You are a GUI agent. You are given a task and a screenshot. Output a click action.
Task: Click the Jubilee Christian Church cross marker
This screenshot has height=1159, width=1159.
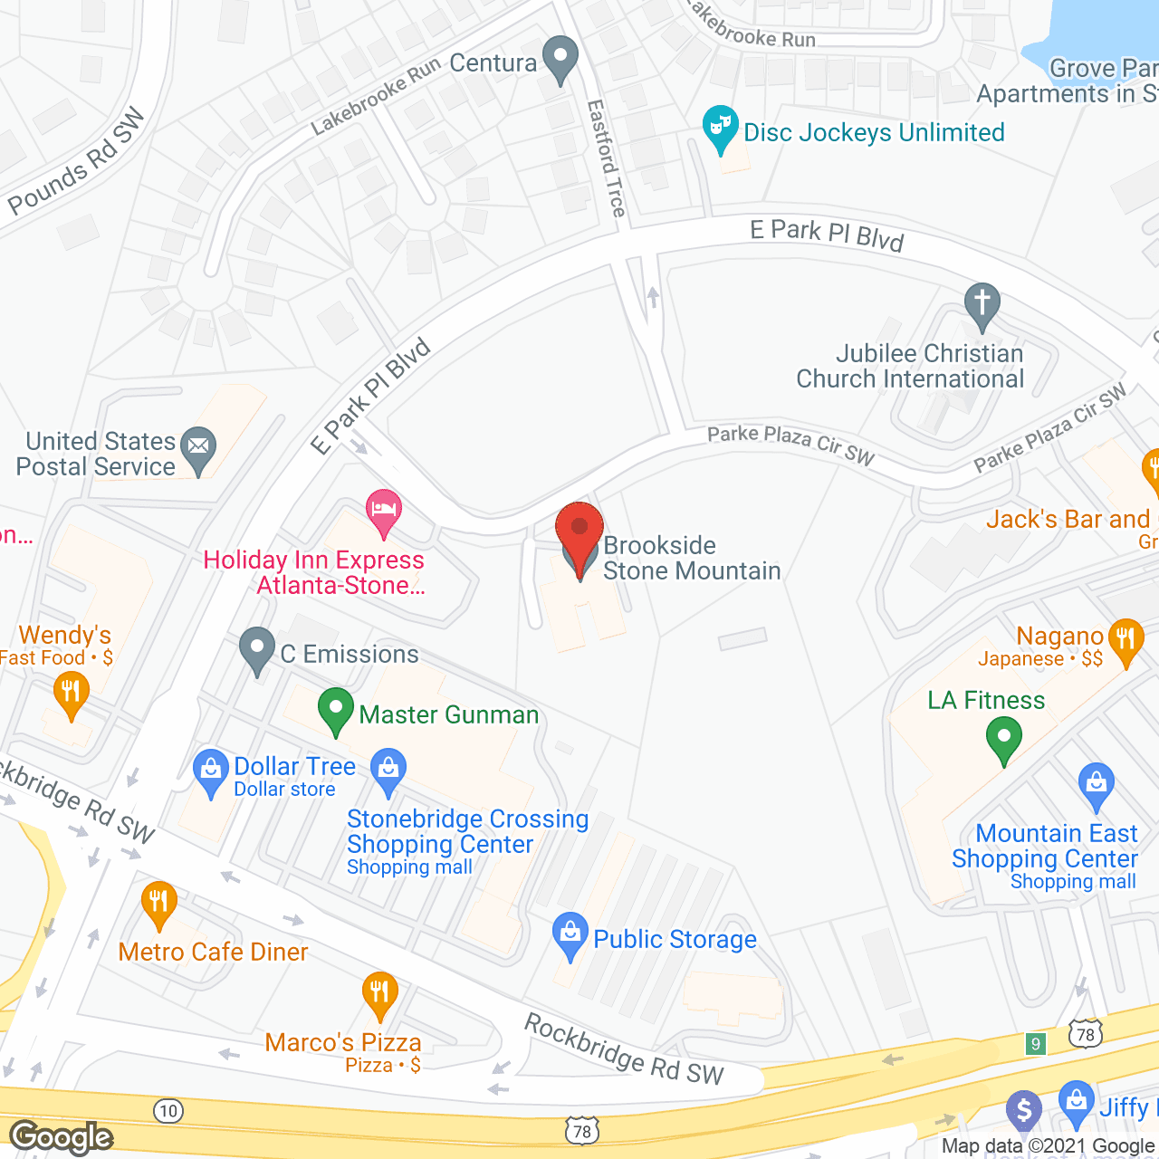(982, 303)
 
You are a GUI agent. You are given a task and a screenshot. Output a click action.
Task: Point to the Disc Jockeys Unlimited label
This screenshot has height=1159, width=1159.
(874, 132)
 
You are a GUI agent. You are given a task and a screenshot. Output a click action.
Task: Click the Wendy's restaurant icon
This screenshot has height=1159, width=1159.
(71, 694)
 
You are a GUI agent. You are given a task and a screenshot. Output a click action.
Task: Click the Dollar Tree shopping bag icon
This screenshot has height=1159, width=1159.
(211, 771)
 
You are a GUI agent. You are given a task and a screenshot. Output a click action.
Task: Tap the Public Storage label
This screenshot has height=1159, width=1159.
(675, 939)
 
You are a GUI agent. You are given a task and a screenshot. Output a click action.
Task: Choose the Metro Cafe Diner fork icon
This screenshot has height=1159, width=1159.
(158, 902)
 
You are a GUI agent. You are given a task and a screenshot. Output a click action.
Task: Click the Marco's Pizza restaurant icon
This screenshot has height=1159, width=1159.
(379, 992)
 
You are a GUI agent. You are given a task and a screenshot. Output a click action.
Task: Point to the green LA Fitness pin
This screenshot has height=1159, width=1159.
(1003, 737)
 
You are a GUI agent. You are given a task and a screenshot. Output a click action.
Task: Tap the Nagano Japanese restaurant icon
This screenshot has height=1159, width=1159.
(1125, 639)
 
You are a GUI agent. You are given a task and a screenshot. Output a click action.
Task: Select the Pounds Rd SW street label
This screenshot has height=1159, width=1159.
(77, 161)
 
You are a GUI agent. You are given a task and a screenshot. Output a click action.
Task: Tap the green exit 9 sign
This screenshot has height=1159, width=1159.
(1036, 1043)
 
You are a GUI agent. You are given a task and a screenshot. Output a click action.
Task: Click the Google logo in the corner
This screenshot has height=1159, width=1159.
(62, 1137)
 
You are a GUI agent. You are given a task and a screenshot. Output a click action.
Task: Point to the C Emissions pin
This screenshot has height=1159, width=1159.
(257, 648)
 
